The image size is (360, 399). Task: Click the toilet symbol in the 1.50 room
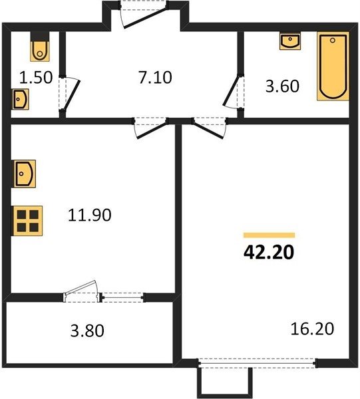(40, 47)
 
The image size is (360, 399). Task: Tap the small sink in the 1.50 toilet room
(21, 99)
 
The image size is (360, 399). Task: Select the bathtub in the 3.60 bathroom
(333, 66)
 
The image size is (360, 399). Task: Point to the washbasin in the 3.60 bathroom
(290, 41)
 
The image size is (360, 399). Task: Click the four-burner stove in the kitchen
(28, 221)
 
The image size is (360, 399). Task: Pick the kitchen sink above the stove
(25, 174)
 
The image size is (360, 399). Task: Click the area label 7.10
(155, 78)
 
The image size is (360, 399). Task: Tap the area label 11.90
(90, 215)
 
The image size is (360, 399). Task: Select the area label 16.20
(312, 329)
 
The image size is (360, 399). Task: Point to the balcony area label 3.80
(87, 331)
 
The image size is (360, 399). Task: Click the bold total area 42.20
(269, 253)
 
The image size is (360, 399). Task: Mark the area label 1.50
(36, 78)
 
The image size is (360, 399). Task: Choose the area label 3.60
(282, 86)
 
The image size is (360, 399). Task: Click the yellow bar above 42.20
(269, 235)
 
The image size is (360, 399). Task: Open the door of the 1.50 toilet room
(69, 94)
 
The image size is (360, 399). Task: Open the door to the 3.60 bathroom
(233, 92)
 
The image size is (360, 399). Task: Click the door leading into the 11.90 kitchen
(150, 128)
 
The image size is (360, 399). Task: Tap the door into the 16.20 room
(210, 128)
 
